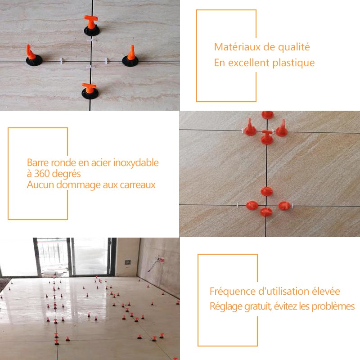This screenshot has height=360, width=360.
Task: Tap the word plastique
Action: (x=293, y=63)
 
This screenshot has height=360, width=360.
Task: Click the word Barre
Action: (x=37, y=163)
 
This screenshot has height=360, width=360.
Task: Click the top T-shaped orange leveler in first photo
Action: (x=91, y=25)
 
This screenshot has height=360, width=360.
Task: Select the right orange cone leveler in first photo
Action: (x=131, y=55)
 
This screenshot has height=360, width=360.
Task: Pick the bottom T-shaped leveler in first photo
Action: (x=90, y=90)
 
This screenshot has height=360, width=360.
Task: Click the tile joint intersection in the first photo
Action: (x=91, y=60)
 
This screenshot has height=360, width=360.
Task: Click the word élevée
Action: (x=324, y=292)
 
